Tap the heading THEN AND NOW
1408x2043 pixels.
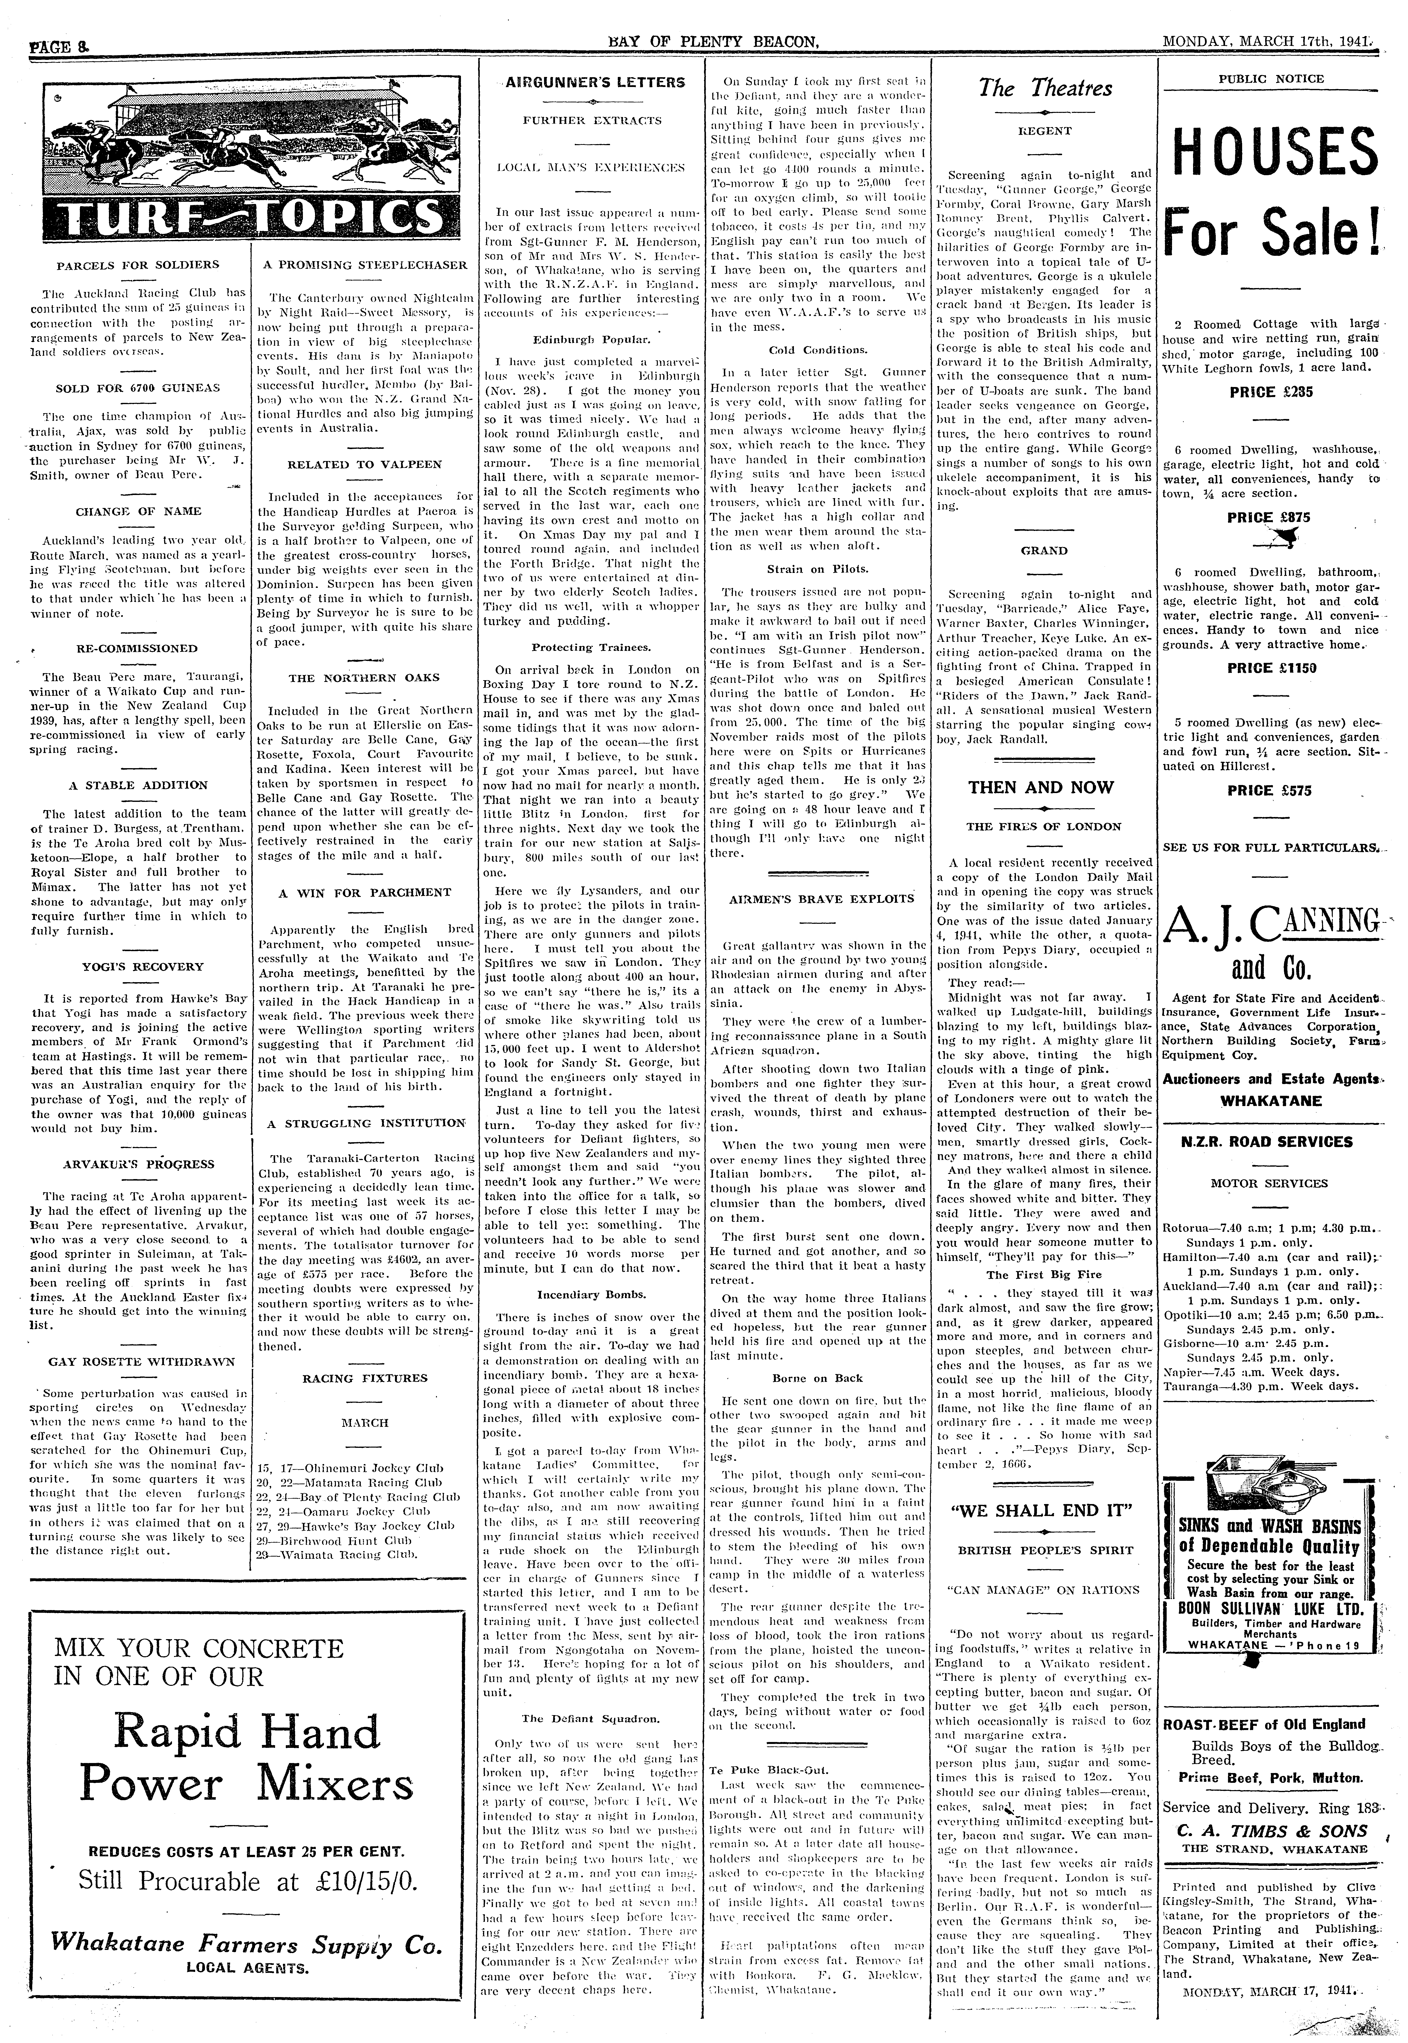point(1041,788)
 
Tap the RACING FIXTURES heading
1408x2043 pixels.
point(364,1378)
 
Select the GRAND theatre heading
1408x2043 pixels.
point(1044,550)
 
